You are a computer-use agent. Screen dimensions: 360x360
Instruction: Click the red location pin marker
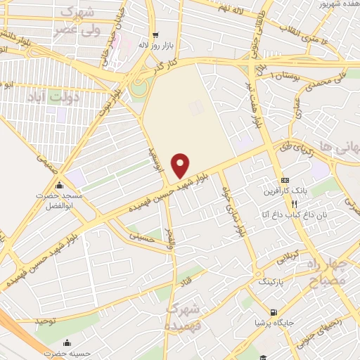point(181,165)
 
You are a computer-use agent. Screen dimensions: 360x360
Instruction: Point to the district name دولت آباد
point(53,96)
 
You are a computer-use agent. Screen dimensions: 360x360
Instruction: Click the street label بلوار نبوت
point(121,86)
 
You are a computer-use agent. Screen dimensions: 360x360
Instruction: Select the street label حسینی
point(140,237)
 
